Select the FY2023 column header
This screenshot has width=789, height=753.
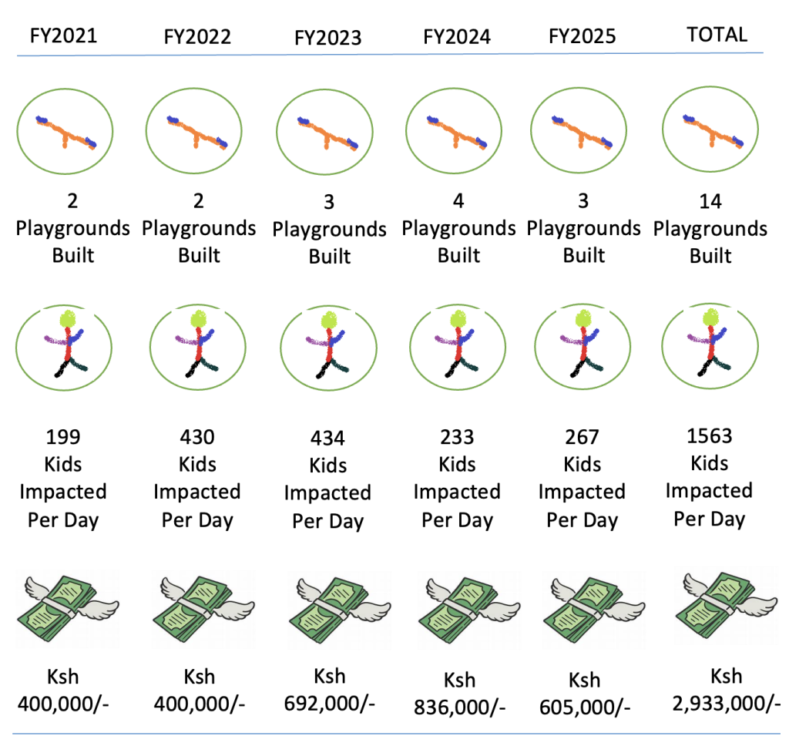coord(327,38)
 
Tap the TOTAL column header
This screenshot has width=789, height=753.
coord(717,34)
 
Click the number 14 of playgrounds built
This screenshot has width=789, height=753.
coord(710,202)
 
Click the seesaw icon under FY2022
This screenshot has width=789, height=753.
coord(198,129)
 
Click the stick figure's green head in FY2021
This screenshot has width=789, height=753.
coord(70,318)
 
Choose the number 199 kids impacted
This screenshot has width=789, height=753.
coord(64,437)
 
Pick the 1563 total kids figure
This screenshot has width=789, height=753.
coord(709,435)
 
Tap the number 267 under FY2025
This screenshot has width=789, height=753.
coord(582,437)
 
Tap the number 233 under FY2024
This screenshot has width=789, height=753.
coord(457,437)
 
